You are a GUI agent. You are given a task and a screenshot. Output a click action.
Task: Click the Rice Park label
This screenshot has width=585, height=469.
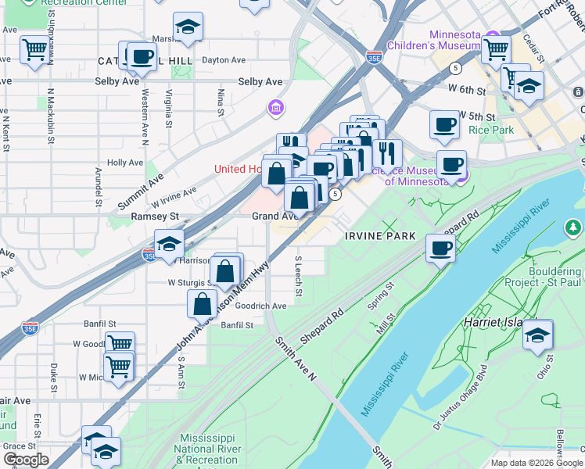click(491, 130)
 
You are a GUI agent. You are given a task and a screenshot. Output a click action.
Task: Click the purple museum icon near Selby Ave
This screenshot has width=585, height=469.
click(274, 106)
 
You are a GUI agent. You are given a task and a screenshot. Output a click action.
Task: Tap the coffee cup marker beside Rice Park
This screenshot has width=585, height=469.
click(444, 124)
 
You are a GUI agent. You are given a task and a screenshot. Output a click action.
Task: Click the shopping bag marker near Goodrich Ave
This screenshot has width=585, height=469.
click(203, 303)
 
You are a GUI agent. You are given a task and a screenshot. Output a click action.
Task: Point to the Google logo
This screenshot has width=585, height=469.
click(26, 459)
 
